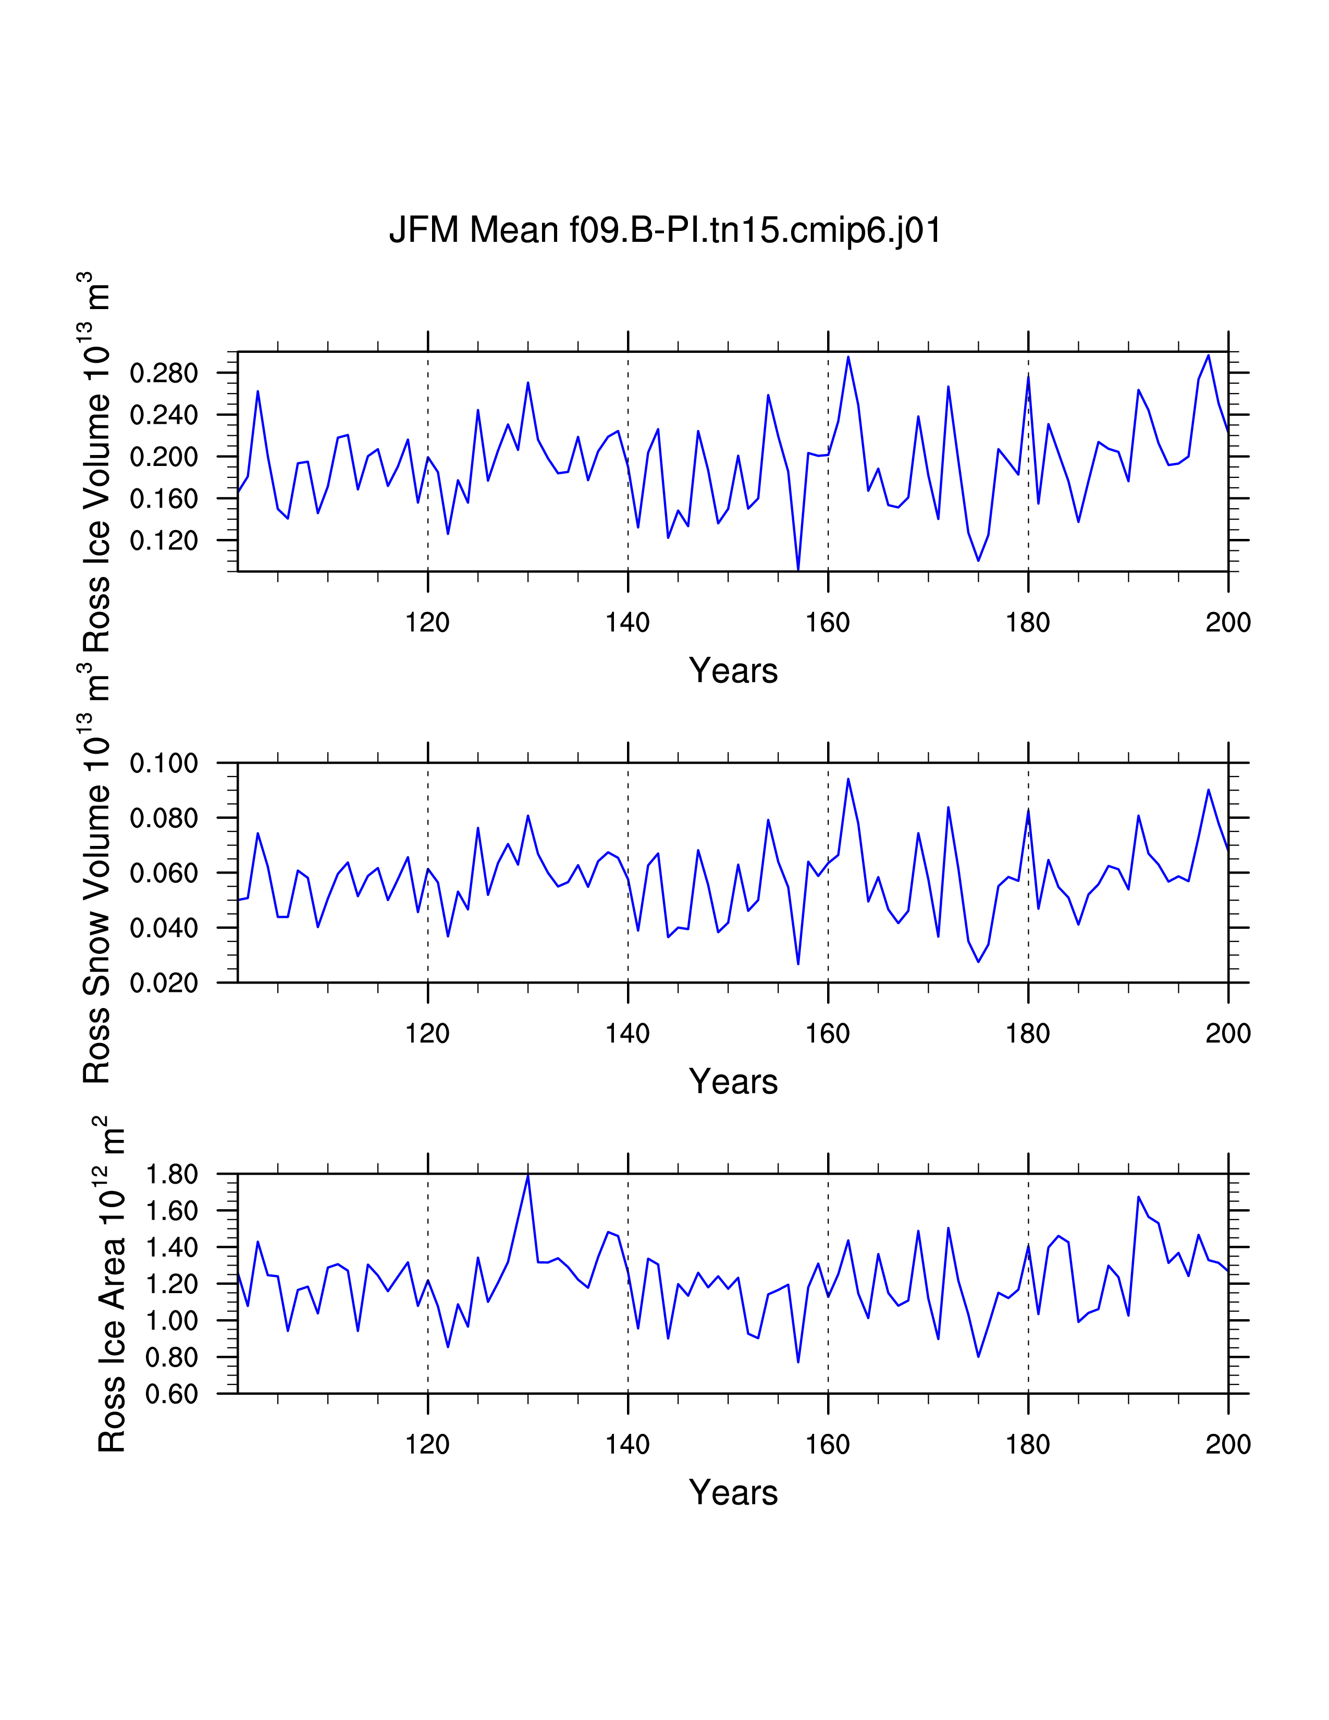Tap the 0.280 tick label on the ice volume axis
tap(164, 373)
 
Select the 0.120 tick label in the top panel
tap(164, 541)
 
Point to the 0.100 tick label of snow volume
tap(164, 763)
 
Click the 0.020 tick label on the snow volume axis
tap(164, 983)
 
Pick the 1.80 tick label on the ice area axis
tap(171, 1174)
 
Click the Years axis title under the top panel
tap(733, 671)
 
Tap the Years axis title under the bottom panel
tap(733, 1492)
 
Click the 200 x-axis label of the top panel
tap(1227, 623)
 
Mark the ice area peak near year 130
tap(527, 1176)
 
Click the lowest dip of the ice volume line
tap(798, 569)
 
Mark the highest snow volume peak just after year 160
tap(848, 780)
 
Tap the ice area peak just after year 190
tap(1138, 1197)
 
